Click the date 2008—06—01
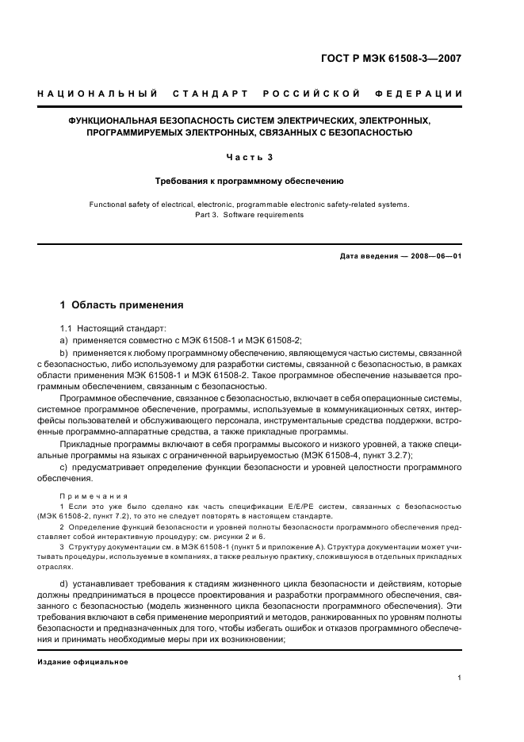pyautogui.click(x=435, y=256)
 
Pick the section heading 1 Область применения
pyautogui.click(x=122, y=304)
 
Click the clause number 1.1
pyautogui.click(x=67, y=327)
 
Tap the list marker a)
pyautogui.click(x=65, y=339)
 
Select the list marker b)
pyautogui.click(x=65, y=351)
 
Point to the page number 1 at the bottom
pyautogui.click(x=460, y=678)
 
